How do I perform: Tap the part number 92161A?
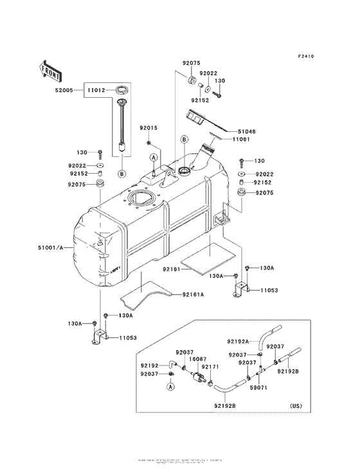point(192,295)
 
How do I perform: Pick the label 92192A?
point(239,341)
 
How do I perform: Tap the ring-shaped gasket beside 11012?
point(122,88)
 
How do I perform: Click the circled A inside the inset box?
point(171,387)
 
